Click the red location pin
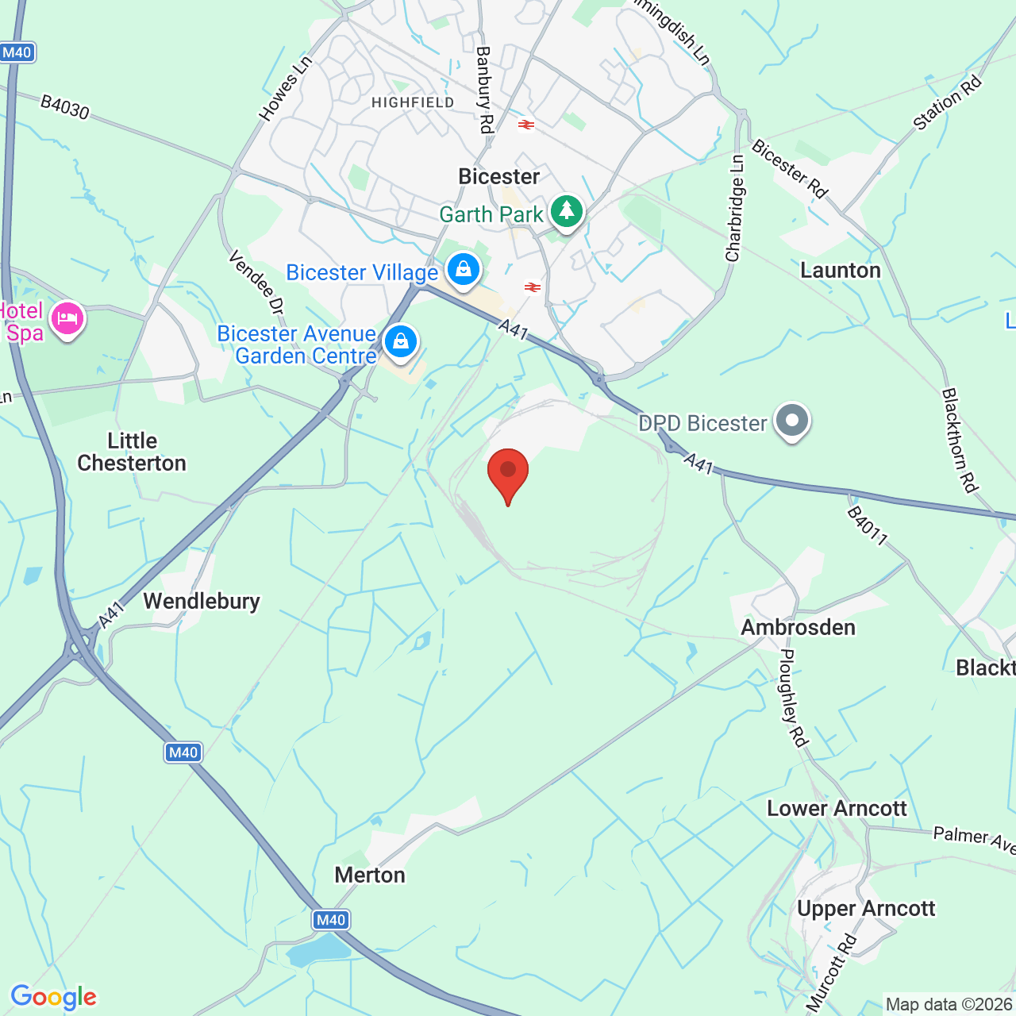508,473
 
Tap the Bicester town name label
499,176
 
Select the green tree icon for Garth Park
566,211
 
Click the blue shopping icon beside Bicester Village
464,270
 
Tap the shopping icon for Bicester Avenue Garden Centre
401,341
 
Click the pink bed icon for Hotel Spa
67,319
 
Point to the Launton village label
841,271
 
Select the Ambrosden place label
799,627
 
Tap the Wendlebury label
202,601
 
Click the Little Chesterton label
132,452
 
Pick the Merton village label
370,875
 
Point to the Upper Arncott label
866,909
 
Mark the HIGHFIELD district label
413,102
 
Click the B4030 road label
65,107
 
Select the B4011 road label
867,526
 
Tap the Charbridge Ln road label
735,209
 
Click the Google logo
54,997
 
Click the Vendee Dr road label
256,283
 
